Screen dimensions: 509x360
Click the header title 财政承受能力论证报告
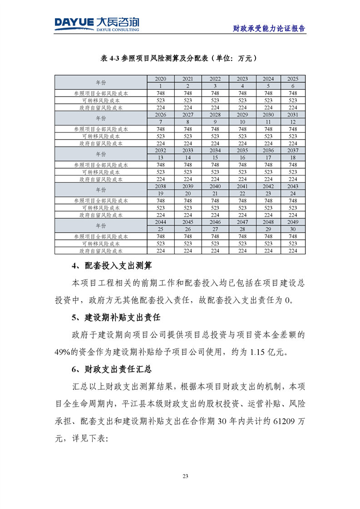pyautogui.click(x=269, y=28)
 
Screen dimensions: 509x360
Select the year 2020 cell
pyautogui.click(x=161, y=79)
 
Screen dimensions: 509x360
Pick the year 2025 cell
pyautogui.click(x=293, y=79)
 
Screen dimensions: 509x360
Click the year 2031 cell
pyautogui.click(x=293, y=115)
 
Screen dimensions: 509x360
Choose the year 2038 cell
pyautogui.click(x=161, y=186)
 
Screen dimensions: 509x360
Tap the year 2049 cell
pyautogui.click(x=293, y=222)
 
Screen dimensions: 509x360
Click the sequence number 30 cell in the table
pyautogui.click(x=293, y=230)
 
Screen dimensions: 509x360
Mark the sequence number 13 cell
pyautogui.click(x=161, y=157)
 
